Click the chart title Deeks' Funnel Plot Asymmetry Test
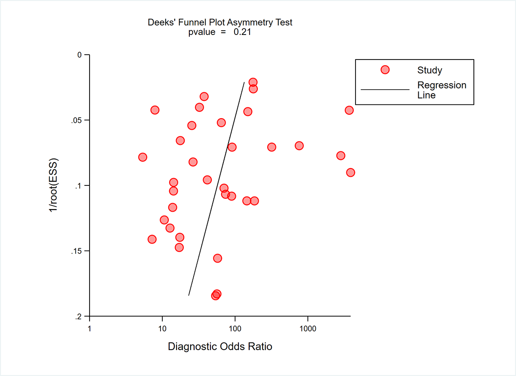coord(220,22)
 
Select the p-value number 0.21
coord(242,32)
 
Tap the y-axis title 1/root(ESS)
coord(55,185)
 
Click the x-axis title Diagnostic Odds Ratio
coord(220,346)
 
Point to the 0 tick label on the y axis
coord(80,55)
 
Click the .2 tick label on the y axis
coord(78,316)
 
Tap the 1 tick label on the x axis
coord(90,329)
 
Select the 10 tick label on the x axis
coord(162,329)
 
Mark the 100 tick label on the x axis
coord(235,329)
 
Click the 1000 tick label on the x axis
coord(308,329)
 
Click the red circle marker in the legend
coord(385,70)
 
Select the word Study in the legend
coord(429,70)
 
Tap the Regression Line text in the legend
coord(442,90)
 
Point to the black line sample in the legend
coord(385,90)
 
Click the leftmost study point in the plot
coord(142,157)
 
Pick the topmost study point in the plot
coord(253,82)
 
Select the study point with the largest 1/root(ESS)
coord(215,295)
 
